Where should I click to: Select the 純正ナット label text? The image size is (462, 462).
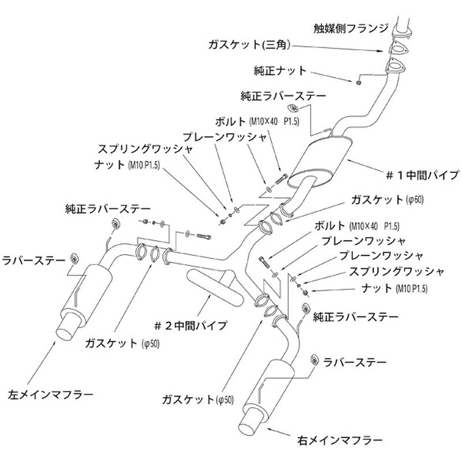pos(280,71)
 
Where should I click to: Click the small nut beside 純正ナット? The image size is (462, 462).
pos(359,82)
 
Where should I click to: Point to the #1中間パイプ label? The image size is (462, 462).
pos(423,176)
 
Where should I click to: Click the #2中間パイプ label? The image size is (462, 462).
pos(191,325)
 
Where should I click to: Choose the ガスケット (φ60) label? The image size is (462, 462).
pos(387,200)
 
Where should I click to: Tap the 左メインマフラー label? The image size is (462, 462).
pos(50,394)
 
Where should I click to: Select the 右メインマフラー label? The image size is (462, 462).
pos(340,441)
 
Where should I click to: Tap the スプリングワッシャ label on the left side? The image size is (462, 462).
pos(145,149)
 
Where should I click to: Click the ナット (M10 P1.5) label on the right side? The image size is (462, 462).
pos(394,288)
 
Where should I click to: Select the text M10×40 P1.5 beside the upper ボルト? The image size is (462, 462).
pos(274,122)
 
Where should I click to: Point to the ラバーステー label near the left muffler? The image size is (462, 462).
pos(33,260)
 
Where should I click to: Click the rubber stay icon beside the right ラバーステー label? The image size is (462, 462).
pos(315,360)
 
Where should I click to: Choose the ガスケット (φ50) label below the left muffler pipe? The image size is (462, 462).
pos(122,343)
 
